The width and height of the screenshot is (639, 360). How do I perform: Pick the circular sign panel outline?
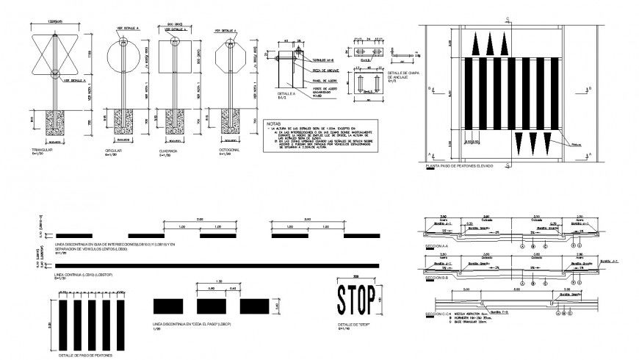(x=118, y=57)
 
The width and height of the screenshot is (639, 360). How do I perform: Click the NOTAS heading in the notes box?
(x=274, y=124)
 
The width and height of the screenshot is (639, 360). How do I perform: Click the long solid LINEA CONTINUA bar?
(x=213, y=265)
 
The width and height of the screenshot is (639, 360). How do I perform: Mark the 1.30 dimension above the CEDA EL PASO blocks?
(x=220, y=282)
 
